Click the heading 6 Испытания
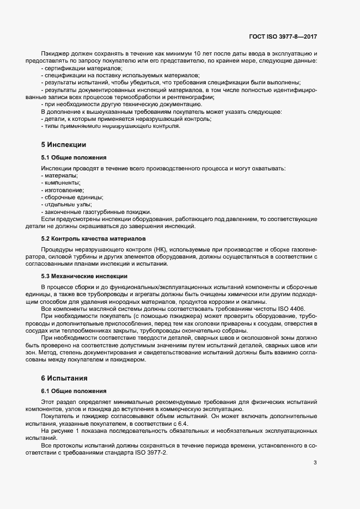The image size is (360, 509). (64, 377)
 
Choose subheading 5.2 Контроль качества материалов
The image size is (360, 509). (93, 238)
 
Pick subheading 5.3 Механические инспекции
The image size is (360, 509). (84, 276)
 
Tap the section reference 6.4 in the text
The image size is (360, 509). (182, 423)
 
